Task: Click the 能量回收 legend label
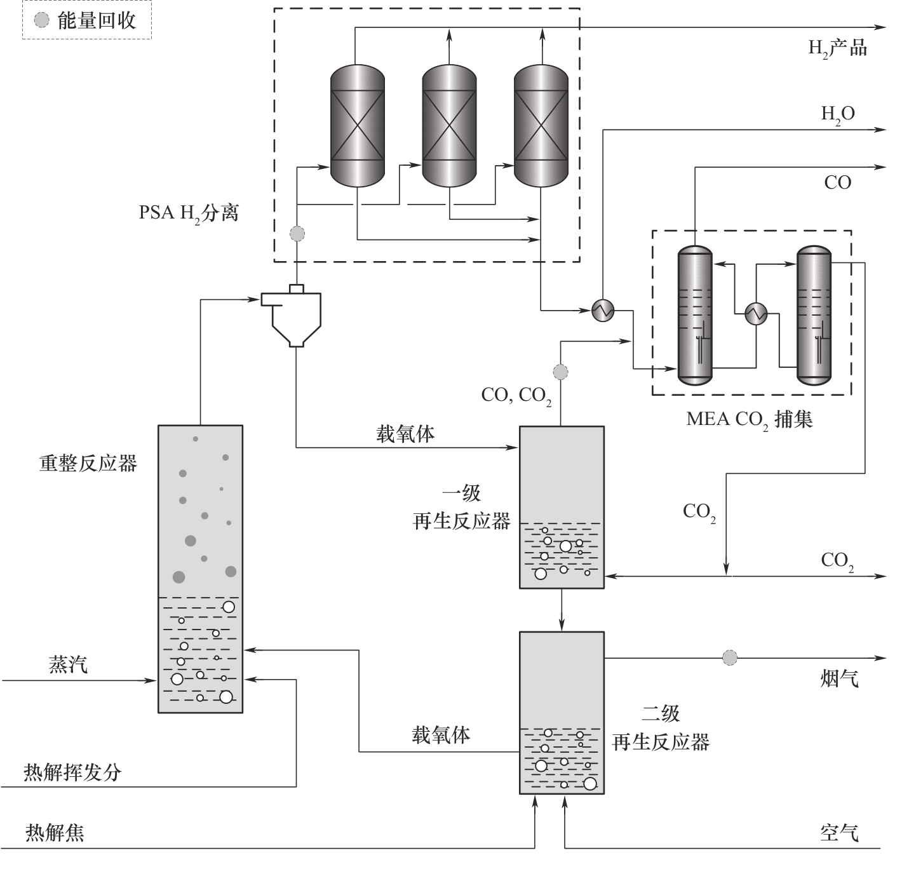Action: (97, 20)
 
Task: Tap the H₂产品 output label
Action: (837, 48)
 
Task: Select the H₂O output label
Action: (838, 114)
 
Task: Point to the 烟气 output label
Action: (839, 679)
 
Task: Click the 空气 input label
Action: (839, 832)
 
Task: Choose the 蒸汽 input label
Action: (68, 664)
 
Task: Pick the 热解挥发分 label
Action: (72, 772)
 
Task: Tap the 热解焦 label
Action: (55, 832)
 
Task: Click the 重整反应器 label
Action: (88, 463)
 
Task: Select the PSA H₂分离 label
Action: (189, 213)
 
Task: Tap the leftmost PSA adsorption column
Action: (358, 126)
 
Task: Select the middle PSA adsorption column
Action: (449, 126)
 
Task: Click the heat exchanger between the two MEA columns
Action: (756, 313)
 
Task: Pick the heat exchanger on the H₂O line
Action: (603, 310)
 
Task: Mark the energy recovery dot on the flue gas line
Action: (730, 657)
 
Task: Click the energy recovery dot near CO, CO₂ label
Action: (560, 371)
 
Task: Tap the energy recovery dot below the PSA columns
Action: (297, 234)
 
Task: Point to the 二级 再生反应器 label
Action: (661, 727)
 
